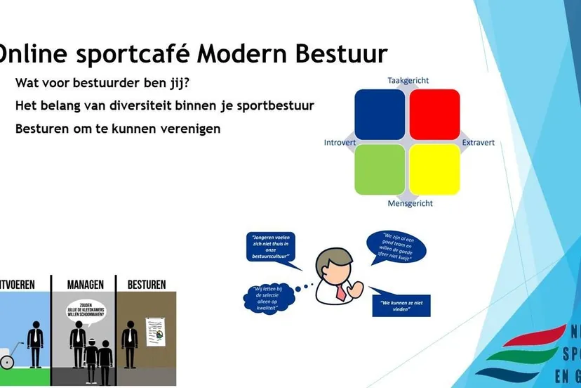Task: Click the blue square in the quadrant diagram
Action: [380, 115]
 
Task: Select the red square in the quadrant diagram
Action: [434, 115]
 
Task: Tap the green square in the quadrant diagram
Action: [380, 169]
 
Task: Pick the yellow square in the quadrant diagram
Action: [434, 169]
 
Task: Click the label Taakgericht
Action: [408, 81]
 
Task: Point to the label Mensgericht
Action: [410, 204]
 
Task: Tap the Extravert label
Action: [478, 143]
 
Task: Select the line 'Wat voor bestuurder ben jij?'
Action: [102, 83]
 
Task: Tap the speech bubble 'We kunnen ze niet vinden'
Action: [401, 306]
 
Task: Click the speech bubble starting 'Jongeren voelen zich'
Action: [270, 248]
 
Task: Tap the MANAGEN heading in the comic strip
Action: [85, 285]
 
